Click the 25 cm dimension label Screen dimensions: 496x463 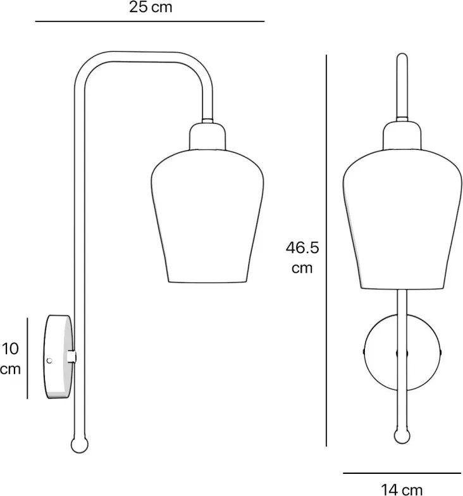pos(150,8)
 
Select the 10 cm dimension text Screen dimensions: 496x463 pos(11,358)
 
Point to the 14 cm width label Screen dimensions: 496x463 pos(402,488)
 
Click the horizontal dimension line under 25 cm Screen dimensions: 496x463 pos(150,22)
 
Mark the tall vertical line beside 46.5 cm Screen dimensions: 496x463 pos(326,251)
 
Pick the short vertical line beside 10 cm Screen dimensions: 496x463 pos(28,358)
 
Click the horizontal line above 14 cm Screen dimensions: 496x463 pos(402,473)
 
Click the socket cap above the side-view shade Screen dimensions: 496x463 pos(207,136)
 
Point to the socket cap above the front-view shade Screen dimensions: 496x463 pos(402,135)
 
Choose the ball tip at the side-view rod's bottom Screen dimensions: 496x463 pos(78,445)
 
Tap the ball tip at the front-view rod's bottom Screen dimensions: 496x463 pos(402,436)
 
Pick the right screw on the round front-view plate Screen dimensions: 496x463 pos(440,352)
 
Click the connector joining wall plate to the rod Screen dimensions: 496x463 pos(73,357)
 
